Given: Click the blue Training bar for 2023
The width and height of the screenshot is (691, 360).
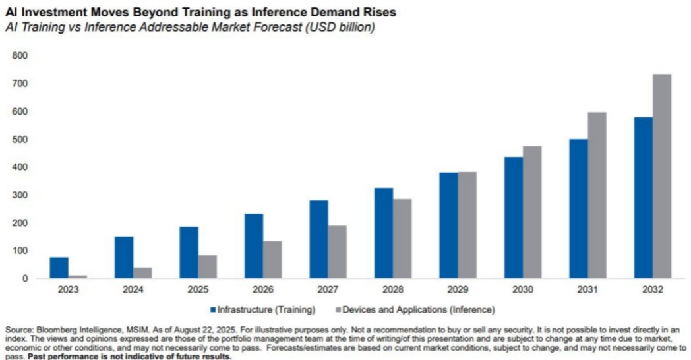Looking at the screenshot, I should [59, 268].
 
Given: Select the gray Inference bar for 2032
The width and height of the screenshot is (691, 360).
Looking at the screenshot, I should [662, 176].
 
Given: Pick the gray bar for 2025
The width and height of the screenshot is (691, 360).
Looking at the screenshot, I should [208, 266].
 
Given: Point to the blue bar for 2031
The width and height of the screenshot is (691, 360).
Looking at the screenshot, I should [578, 208].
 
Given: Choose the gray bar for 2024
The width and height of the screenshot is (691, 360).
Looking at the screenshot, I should [142, 273].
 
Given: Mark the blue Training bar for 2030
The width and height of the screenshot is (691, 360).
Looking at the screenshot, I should [514, 218].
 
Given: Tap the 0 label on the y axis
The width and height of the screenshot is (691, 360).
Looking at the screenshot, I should [24, 278].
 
